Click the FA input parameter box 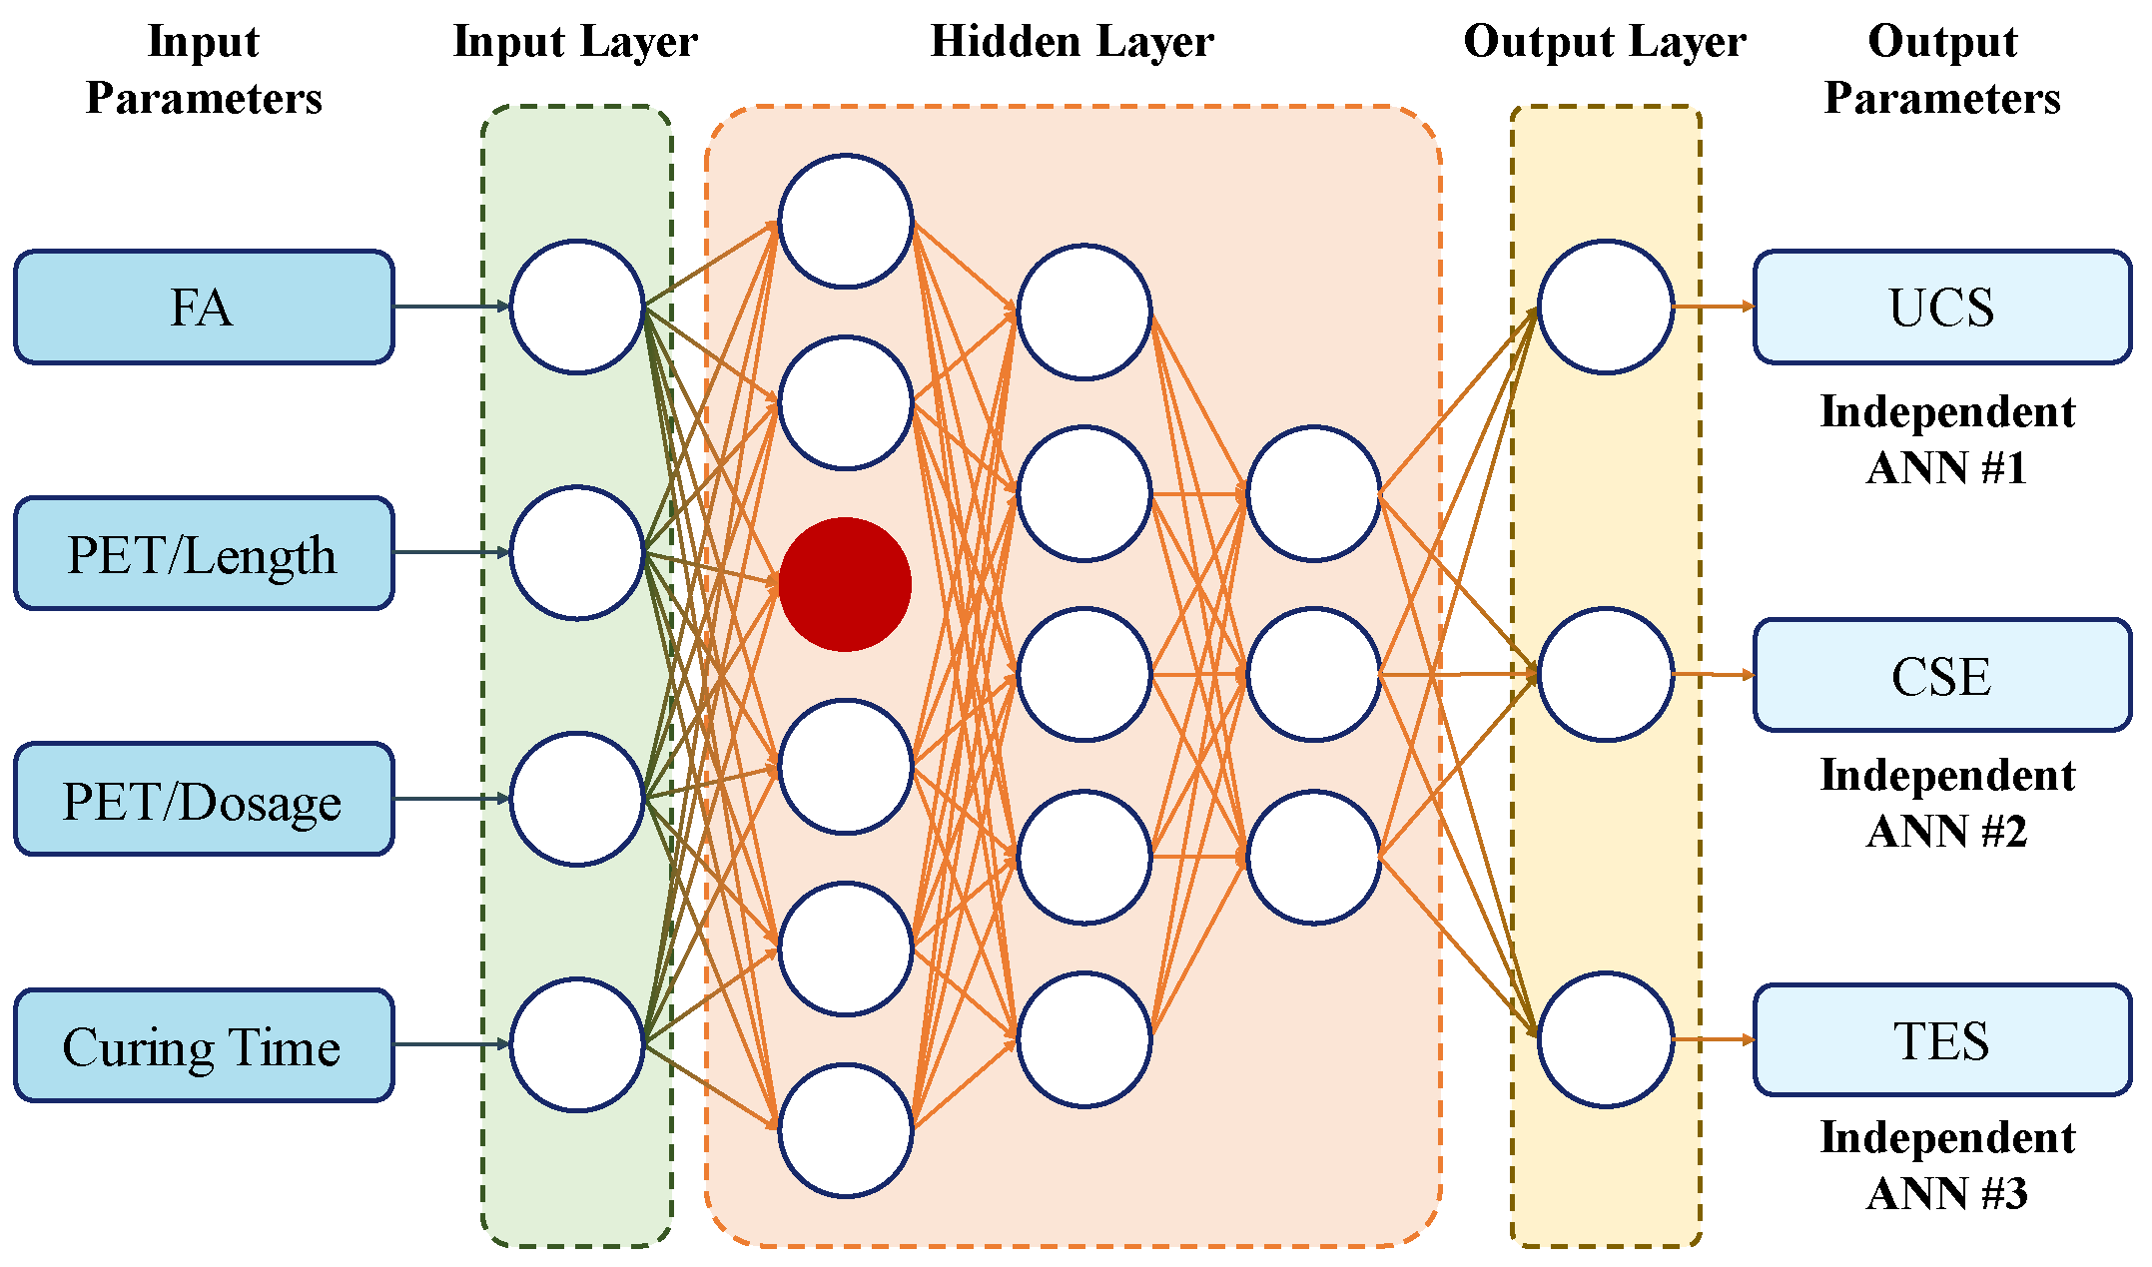[203, 307]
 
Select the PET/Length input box [203, 553]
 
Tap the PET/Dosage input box [203, 799]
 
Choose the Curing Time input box [203, 1045]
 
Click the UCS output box [1941, 307]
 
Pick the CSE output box [1941, 675]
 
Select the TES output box [1941, 1040]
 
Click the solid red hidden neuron [845, 584]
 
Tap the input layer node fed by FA [577, 307]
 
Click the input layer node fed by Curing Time [577, 1044]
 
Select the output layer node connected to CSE [1605, 674]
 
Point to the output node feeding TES [1605, 1039]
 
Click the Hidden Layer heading [1072, 42]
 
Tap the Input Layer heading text [575, 42]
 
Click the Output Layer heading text [1605, 42]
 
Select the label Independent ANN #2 [1947, 803]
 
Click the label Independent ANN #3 [1947, 1165]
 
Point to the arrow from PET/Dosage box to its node [451, 799]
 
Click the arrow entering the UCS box [1713, 307]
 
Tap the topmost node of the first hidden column [845, 221]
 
